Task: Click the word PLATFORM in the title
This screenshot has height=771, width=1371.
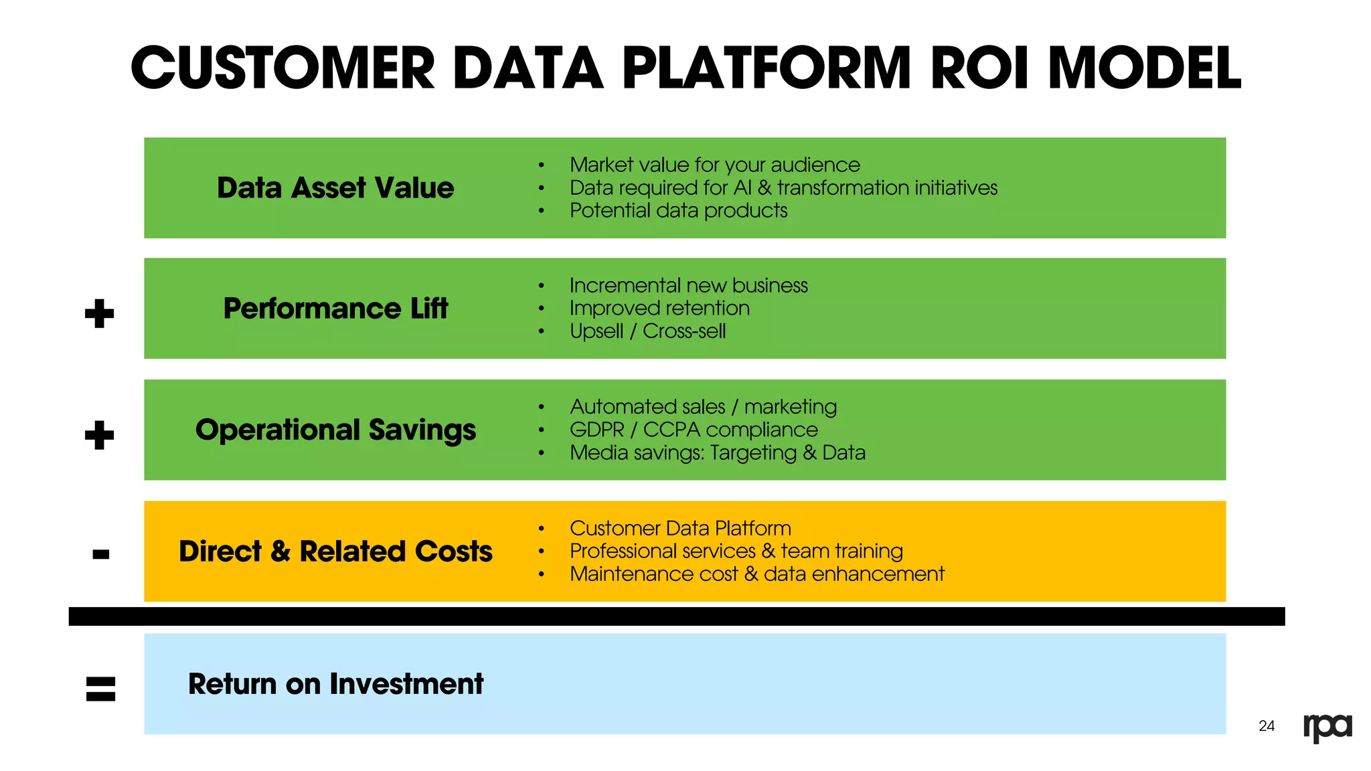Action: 767,68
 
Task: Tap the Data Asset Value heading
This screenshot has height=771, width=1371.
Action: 335,188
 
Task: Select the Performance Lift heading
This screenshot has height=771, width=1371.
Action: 335,309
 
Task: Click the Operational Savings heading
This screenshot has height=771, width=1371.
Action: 335,430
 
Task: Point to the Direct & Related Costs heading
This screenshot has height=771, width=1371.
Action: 335,551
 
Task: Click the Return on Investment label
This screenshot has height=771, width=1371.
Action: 335,684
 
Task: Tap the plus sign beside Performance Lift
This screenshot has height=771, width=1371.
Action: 100,313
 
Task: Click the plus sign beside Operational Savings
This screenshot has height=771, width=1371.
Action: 100,435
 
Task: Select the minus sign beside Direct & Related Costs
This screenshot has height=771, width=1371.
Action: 101,554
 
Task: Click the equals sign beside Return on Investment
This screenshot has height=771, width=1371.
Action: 101,689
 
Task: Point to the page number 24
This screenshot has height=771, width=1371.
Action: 1267,726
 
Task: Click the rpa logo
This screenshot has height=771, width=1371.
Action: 1327,727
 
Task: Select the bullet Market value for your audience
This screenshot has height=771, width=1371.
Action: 714,165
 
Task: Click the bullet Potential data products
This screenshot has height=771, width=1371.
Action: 678,211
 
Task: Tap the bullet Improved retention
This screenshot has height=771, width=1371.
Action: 659,309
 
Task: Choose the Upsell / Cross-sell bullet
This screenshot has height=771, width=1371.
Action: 647,331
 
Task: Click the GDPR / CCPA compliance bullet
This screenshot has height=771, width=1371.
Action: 694,430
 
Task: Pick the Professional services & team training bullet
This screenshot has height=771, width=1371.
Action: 736,551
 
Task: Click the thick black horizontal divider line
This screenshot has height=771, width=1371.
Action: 676,616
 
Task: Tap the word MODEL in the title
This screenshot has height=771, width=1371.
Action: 1145,68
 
